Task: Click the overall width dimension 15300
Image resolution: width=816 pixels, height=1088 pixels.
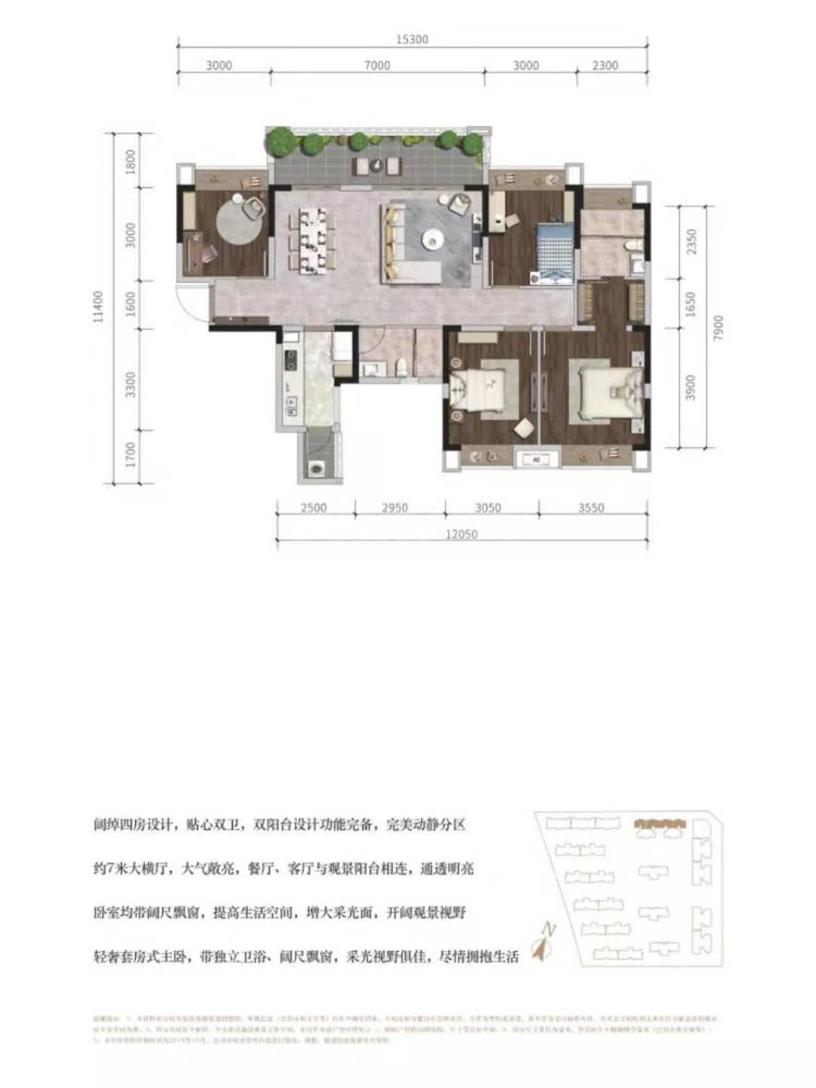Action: pos(412,40)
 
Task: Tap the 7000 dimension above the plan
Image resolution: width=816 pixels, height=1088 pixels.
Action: pos(377,66)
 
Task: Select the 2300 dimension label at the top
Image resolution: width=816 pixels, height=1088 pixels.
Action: pos(605,66)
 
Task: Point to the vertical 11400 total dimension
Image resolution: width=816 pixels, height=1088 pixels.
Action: pos(99,307)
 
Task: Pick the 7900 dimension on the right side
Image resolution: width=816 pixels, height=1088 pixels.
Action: pos(719,328)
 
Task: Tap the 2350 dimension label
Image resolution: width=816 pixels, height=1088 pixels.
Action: pos(691,241)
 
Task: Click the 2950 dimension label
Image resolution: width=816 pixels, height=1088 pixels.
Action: pos(394,508)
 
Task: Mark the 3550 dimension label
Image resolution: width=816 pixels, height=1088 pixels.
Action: pos(591,508)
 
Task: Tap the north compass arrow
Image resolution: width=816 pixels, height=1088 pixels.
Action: pos(543,943)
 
